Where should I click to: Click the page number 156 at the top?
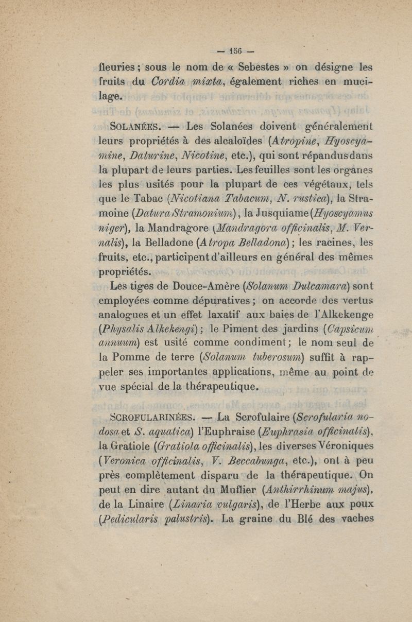click(236, 51)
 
